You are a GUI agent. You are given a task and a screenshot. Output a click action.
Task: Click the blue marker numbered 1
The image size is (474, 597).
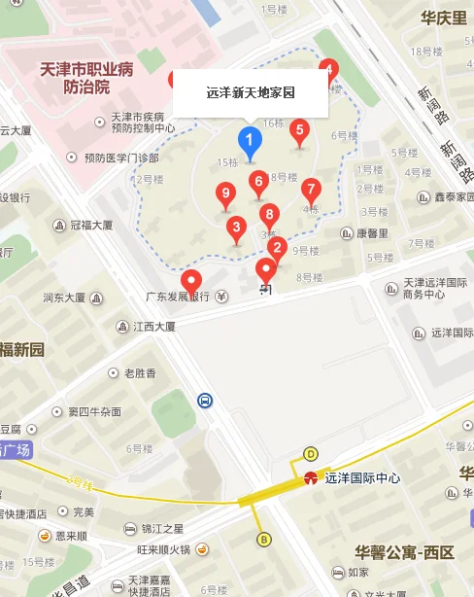250,143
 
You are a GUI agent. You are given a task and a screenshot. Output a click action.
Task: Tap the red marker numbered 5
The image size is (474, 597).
299,130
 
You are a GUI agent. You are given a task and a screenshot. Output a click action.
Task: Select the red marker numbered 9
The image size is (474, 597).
226,194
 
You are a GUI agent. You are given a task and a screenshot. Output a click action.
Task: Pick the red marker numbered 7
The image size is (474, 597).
311,189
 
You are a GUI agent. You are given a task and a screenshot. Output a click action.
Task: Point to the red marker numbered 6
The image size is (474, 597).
258,182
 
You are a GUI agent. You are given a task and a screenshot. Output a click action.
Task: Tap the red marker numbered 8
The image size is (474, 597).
269,215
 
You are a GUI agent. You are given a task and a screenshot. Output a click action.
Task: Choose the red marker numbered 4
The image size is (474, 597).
328,71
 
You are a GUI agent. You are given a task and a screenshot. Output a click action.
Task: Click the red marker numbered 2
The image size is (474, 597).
276,248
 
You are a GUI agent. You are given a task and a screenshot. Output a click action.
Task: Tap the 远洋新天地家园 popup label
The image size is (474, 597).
251,93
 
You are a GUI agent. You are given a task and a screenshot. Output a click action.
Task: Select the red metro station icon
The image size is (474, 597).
311,477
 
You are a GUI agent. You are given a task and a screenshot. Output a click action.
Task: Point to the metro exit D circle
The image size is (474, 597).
311,453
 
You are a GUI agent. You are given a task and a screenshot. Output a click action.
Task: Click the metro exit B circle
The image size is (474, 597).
263,540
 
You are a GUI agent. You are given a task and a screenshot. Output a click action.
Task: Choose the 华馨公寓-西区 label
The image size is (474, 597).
404,552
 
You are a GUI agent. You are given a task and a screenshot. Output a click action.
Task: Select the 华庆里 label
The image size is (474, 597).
443,18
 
